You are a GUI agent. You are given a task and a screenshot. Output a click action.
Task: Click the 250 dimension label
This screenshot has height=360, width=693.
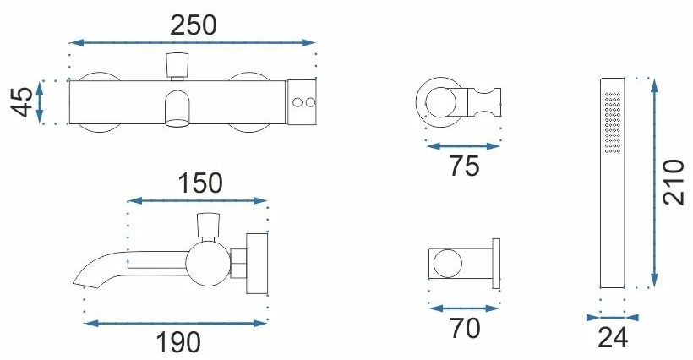[x=194, y=25]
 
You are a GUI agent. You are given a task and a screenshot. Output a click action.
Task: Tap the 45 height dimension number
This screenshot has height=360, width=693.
[x=22, y=102]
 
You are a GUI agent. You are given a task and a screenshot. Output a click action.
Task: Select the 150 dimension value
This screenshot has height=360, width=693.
[x=200, y=183]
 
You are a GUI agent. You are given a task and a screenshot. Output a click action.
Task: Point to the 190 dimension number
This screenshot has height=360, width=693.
[x=178, y=342]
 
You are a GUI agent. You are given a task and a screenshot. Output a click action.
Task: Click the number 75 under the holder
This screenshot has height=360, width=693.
[x=465, y=166]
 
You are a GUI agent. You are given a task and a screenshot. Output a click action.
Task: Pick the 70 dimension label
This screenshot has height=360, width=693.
[x=466, y=328]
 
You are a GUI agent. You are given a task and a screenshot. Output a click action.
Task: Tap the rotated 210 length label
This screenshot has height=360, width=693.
[x=674, y=182]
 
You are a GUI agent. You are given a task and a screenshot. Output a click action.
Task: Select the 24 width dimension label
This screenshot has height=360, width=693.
[x=613, y=338]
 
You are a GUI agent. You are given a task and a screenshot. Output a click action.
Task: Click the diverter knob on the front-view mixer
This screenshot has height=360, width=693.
[x=177, y=66]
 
